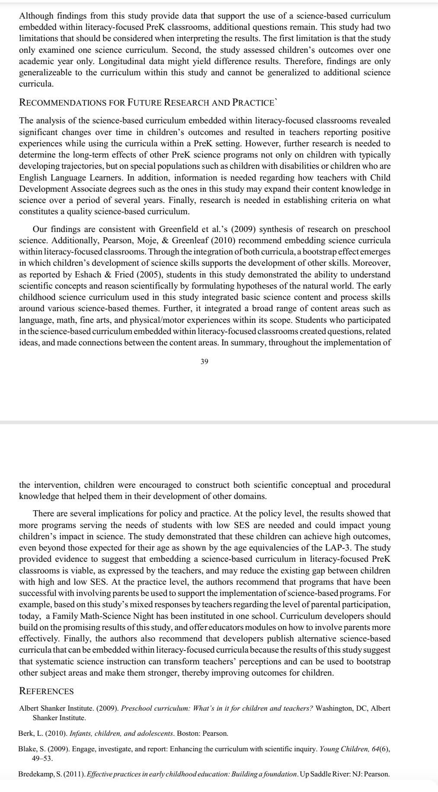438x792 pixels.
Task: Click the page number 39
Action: click(x=205, y=362)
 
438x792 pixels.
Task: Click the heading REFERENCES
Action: click(x=46, y=691)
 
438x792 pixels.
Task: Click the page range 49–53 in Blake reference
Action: click(x=42, y=758)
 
